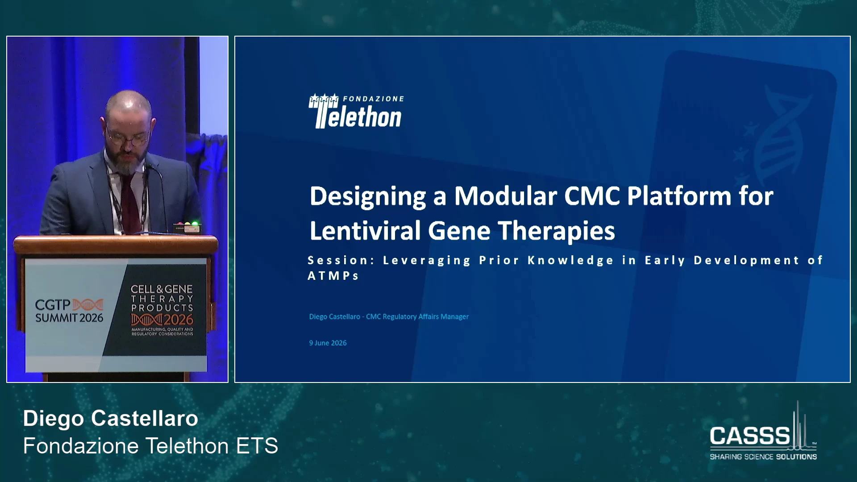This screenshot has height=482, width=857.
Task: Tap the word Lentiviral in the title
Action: pos(365,231)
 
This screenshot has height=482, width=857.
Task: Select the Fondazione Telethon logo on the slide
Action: pos(356,111)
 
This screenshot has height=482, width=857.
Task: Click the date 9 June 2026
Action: pos(328,343)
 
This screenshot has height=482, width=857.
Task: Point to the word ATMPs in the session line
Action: pos(333,276)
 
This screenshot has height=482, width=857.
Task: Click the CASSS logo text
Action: pos(750,436)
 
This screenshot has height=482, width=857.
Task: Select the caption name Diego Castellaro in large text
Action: pos(111,419)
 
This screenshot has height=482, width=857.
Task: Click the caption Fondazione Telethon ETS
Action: pos(150,446)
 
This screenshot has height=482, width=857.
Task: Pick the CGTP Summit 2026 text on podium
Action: pos(69,311)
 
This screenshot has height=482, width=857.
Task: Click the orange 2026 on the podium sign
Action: pos(178,320)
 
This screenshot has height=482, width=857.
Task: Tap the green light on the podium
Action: pos(195,224)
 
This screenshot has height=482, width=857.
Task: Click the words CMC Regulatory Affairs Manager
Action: pos(417,316)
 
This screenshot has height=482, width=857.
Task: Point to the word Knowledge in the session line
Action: pos(571,260)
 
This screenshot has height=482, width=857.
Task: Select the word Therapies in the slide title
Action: pos(556,231)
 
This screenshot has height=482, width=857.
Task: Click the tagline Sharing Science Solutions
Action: pos(763,457)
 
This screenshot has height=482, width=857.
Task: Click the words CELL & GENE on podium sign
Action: pos(162,289)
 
